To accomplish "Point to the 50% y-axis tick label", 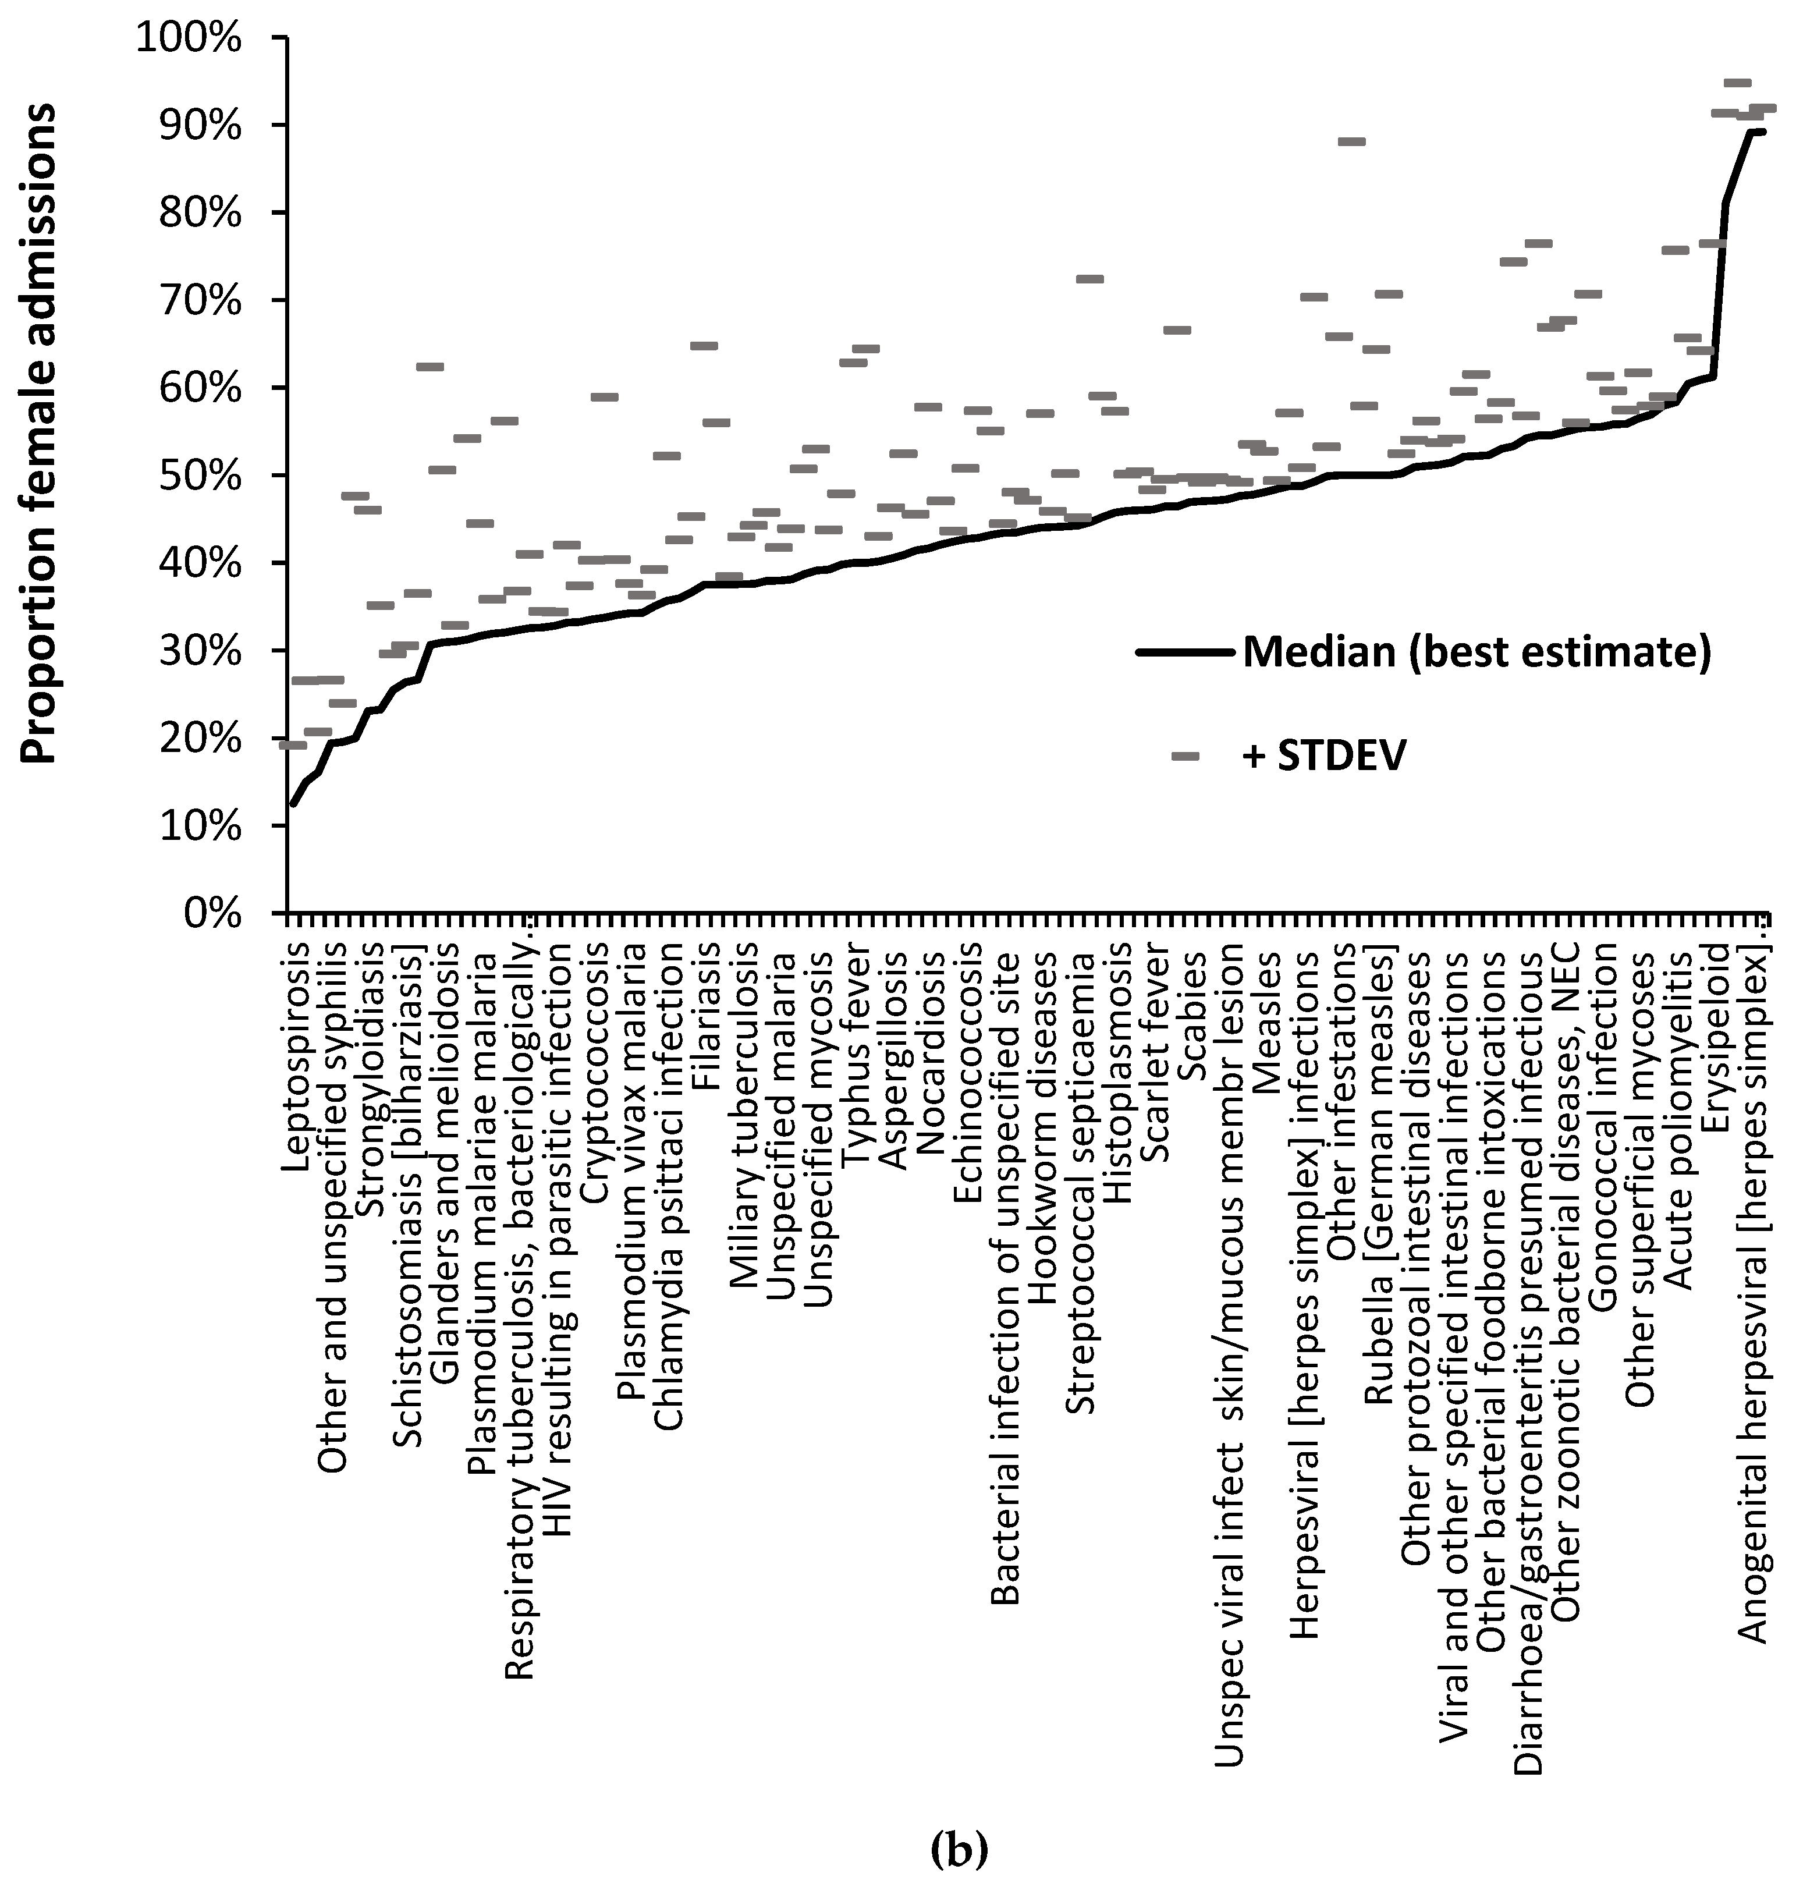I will (197, 476).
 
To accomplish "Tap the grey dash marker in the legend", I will (1185, 756).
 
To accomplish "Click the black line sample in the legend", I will (1185, 653).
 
